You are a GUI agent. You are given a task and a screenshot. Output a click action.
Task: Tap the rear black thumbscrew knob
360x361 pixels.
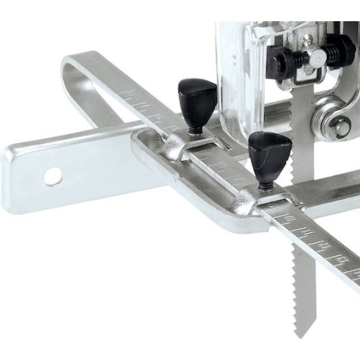click(194, 96)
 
